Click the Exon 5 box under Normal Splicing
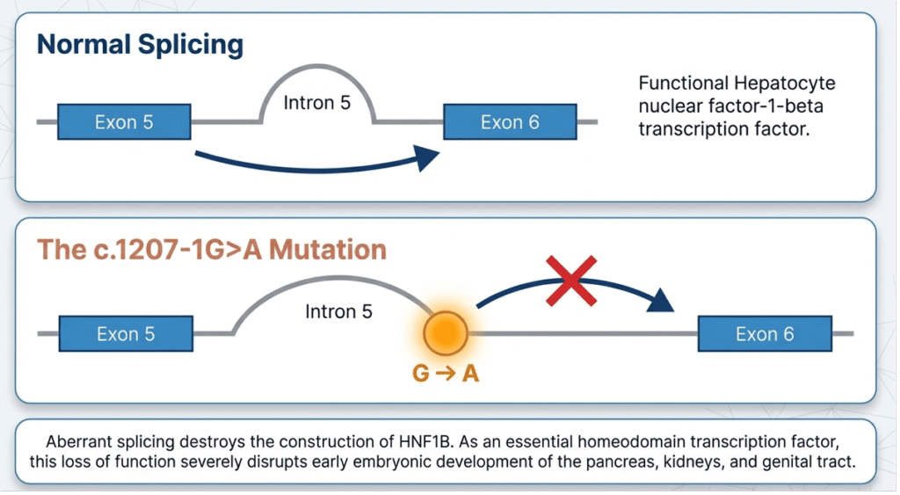[124, 121]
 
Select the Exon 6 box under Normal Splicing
[509, 121]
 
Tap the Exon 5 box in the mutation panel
[126, 334]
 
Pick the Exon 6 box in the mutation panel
[764, 334]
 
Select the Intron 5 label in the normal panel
[316, 103]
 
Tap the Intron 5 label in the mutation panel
[338, 311]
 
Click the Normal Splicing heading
[140, 44]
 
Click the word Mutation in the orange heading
[327, 249]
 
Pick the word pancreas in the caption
[615, 462]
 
